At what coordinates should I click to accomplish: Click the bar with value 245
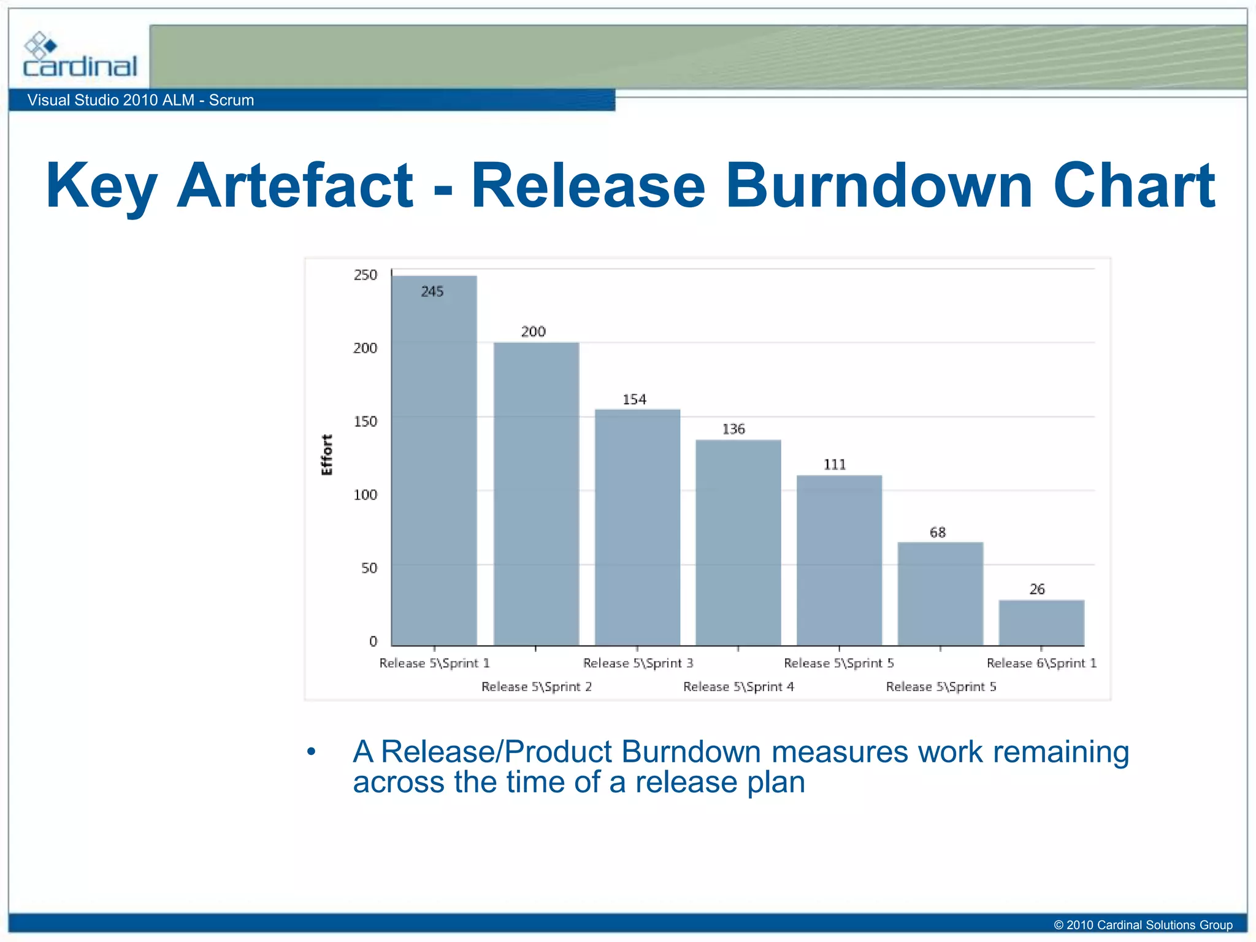434,460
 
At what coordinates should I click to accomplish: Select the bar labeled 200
536,494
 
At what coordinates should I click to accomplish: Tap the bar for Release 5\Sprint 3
637,527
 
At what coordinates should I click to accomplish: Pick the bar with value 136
738,543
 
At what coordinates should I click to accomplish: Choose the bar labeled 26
1041,622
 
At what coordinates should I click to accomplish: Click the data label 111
835,465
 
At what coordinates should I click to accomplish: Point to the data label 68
938,532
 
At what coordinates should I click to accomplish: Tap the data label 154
634,400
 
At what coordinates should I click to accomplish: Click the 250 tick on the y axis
366,275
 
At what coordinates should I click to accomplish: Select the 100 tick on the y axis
366,495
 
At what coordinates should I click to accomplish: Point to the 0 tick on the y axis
373,641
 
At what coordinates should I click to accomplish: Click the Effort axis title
327,455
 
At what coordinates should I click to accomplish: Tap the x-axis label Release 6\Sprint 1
1041,663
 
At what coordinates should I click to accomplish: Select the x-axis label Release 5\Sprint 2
537,687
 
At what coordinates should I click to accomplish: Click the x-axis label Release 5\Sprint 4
738,687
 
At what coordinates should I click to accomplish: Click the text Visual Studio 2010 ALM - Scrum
140,100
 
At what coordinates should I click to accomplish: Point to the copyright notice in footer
1143,925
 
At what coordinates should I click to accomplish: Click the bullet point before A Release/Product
312,752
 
